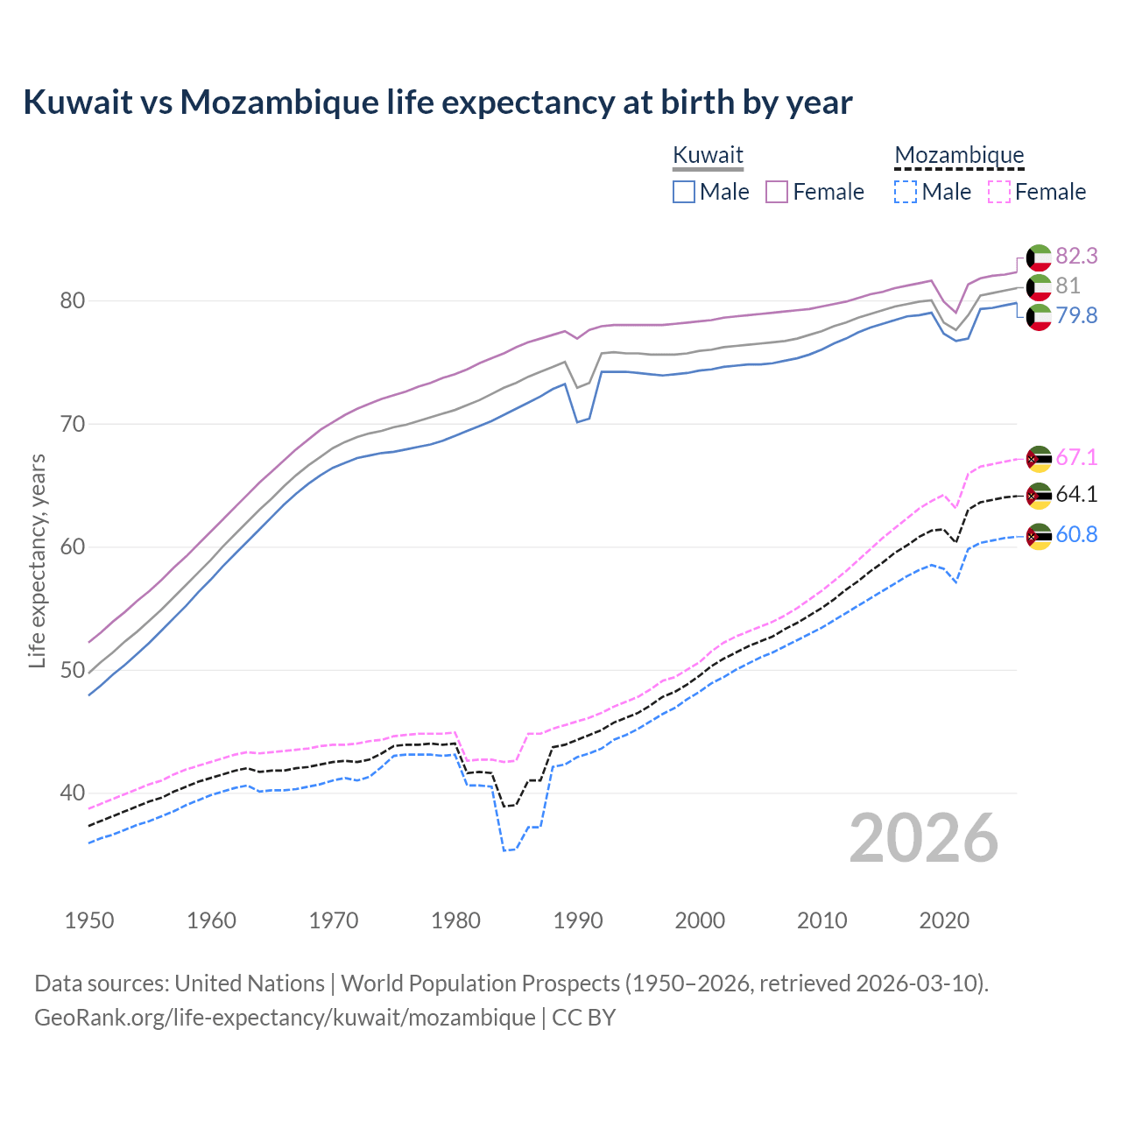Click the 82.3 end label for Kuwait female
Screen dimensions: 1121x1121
[x=1076, y=256]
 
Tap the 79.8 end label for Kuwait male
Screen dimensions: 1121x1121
[x=1076, y=315]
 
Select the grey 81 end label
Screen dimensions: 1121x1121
[x=1068, y=286]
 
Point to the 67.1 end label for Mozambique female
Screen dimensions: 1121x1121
[x=1076, y=457]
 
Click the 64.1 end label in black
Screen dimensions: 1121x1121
[x=1076, y=495]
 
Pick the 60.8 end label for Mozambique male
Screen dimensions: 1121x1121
[x=1076, y=534]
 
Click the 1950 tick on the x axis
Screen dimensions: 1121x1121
[x=89, y=920]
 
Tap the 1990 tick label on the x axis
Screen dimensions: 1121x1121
[x=578, y=920]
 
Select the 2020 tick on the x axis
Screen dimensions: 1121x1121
[x=944, y=920]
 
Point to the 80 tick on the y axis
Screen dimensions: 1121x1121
[x=72, y=300]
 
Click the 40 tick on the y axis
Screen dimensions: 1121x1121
[x=72, y=793]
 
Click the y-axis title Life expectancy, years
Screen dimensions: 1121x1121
[x=37, y=560]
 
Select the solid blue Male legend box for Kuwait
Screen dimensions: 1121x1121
[x=684, y=192]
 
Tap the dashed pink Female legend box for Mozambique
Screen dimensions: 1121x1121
[x=998, y=192]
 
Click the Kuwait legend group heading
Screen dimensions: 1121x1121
[x=708, y=155]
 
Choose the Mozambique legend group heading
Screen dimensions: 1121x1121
[x=959, y=155]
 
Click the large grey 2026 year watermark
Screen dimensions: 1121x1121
[x=924, y=839]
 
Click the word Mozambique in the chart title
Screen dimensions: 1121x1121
[x=279, y=102]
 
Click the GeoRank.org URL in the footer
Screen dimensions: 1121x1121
[x=285, y=1018]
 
